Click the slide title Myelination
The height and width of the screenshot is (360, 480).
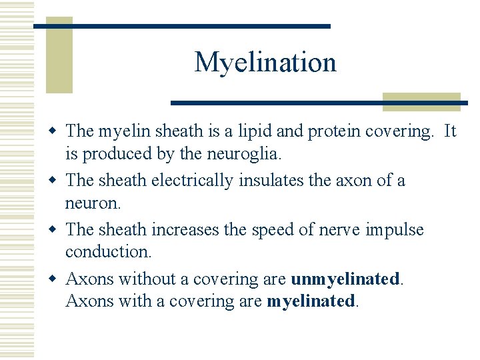tap(265, 63)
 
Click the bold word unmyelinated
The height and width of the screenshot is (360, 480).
tap(346, 279)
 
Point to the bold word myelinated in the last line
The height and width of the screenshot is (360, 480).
tap(311, 301)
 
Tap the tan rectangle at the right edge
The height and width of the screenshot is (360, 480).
tap(421, 101)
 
